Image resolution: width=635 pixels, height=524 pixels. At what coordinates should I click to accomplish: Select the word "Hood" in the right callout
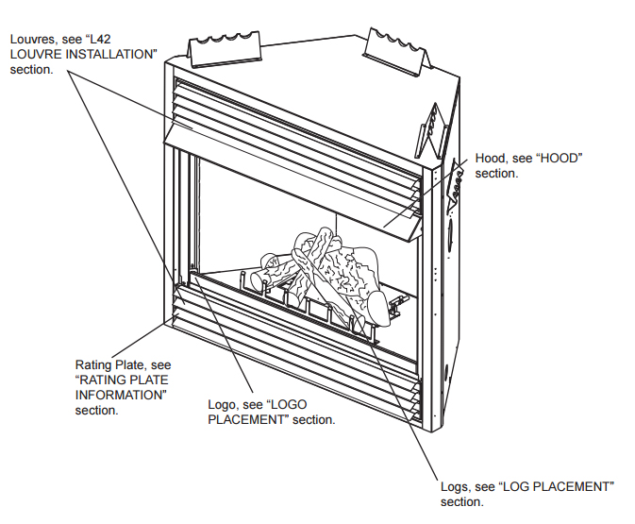click(491, 158)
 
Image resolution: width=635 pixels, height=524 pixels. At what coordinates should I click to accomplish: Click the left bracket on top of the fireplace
click(225, 44)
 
